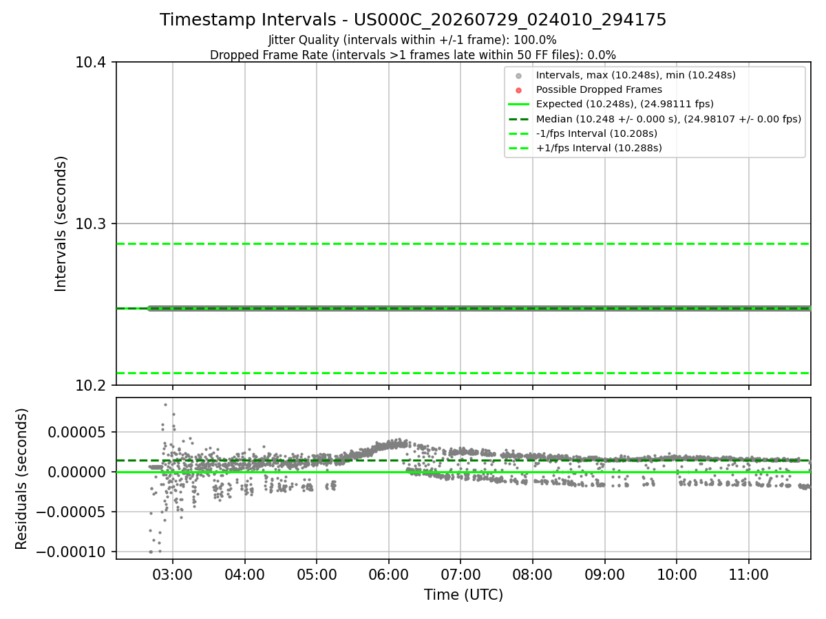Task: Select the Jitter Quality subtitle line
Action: coord(412,40)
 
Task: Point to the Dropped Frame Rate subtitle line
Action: coord(413,55)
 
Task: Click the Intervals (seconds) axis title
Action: coord(60,224)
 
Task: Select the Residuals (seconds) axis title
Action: coord(21,479)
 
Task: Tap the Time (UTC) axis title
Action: coord(463,595)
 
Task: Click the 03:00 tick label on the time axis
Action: coord(172,575)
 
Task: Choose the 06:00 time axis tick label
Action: coord(388,575)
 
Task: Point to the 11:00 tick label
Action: coord(748,575)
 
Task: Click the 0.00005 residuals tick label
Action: coord(76,432)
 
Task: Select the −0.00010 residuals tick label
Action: coord(71,552)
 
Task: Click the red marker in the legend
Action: coord(518,90)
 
